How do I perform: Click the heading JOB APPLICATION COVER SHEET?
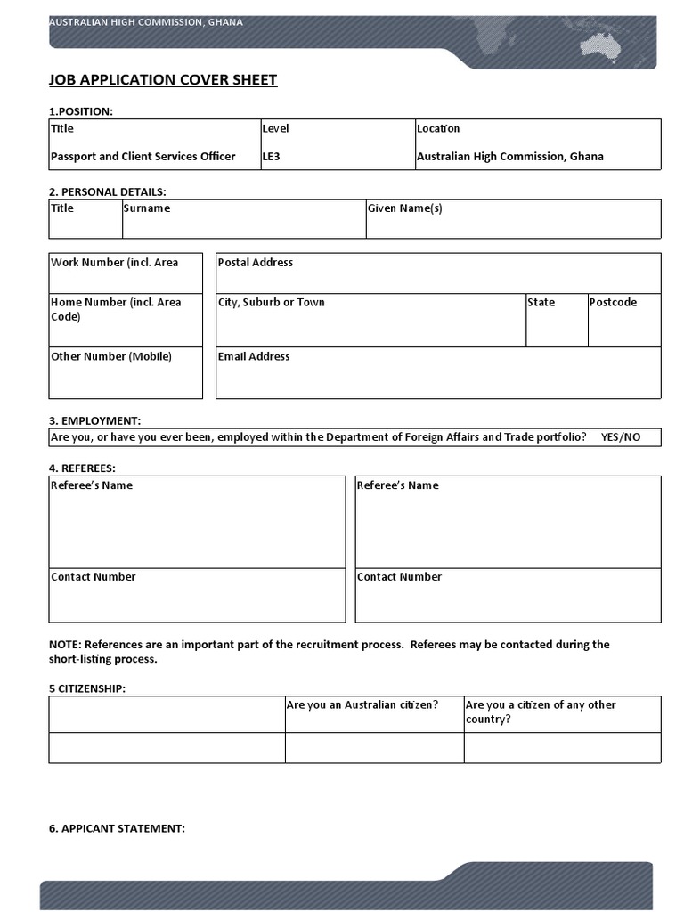[x=163, y=80]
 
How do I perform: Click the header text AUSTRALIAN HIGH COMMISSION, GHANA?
[x=145, y=22]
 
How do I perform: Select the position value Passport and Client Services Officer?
[x=142, y=157]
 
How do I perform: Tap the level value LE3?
[x=271, y=157]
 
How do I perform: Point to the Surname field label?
[x=146, y=208]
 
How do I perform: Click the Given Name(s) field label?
[x=404, y=208]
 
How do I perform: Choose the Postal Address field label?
[x=255, y=263]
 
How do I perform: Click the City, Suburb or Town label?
[x=271, y=303]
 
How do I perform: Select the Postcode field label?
[x=613, y=303]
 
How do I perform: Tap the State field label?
[x=541, y=303]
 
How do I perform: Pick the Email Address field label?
[x=254, y=357]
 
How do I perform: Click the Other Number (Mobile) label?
[x=111, y=357]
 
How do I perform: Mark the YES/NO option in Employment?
[x=620, y=437]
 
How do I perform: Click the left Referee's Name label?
[x=92, y=485]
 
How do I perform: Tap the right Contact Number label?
[x=399, y=577]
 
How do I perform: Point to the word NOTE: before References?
[x=65, y=645]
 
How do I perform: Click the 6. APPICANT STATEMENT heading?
[x=117, y=829]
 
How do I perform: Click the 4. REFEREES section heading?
[x=82, y=468]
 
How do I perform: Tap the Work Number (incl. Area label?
[x=114, y=263]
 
